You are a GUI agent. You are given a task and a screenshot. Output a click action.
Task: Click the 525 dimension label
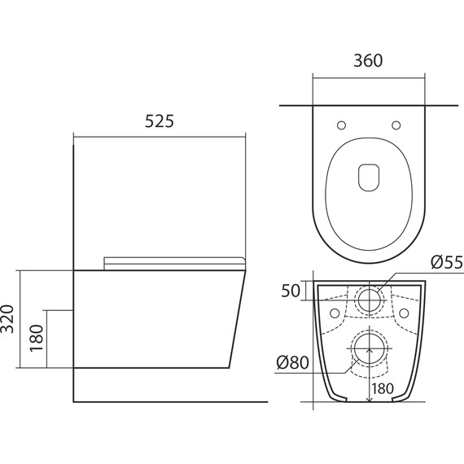point(160,121)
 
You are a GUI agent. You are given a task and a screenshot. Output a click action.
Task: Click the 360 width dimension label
point(368,60)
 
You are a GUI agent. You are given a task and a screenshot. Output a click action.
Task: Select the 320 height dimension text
point(7,319)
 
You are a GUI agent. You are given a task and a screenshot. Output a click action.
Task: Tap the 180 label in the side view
point(37,339)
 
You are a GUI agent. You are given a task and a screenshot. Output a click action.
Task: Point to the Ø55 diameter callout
point(447,262)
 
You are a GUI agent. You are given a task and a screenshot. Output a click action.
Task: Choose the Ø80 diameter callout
point(292,362)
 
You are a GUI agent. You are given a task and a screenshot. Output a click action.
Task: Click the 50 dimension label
point(291,291)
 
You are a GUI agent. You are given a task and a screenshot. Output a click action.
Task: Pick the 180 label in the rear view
point(383,389)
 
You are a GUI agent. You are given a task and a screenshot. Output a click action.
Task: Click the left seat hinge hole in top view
point(342,125)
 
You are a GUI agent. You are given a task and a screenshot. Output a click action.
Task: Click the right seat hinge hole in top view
point(396,125)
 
